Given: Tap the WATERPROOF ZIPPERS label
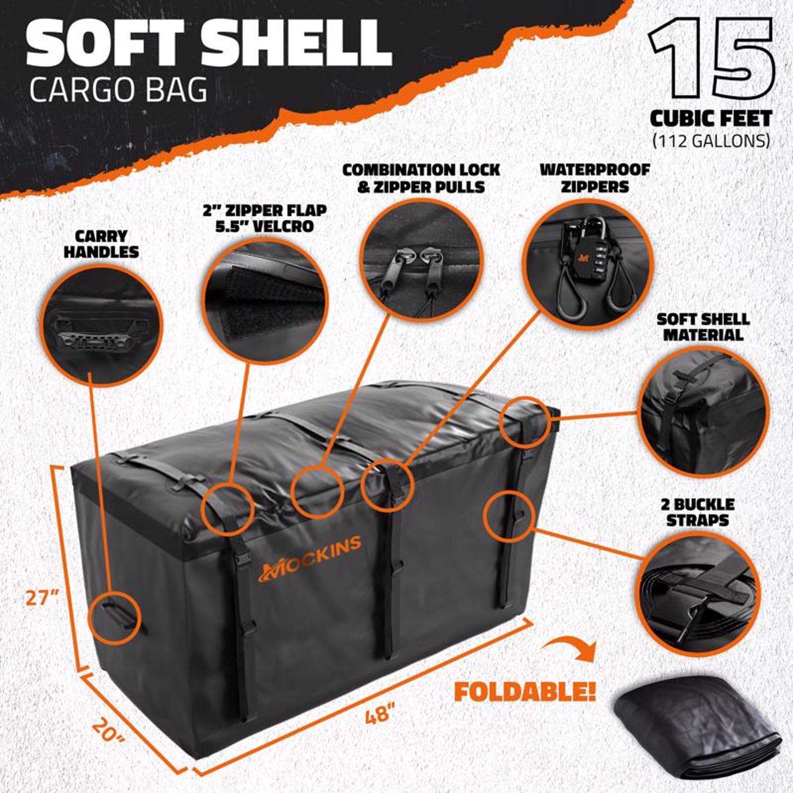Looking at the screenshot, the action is (594, 178).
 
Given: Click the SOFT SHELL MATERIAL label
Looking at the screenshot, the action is (703, 327).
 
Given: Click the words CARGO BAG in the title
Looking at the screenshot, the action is (119, 90).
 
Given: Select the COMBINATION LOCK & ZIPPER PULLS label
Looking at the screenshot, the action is (421, 178).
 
